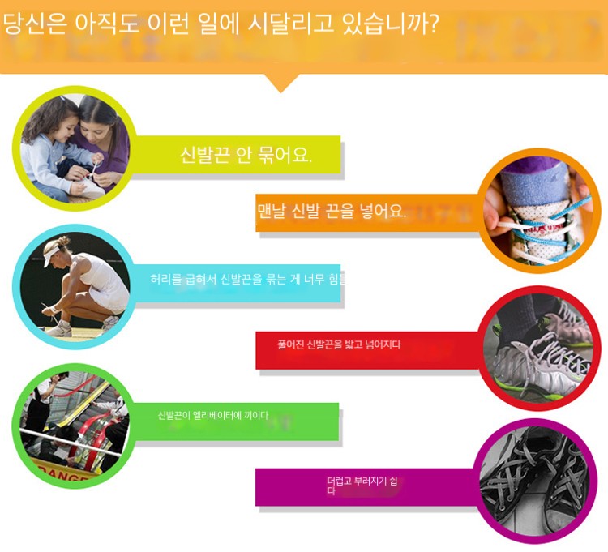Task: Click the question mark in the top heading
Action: point(434,24)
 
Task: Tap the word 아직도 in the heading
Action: point(107,24)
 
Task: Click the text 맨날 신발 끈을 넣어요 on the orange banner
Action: point(332,212)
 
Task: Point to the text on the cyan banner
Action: point(248,278)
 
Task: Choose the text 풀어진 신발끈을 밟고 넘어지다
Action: point(340,344)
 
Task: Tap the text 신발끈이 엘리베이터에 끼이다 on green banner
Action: point(213,415)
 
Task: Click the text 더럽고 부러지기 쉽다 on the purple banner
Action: point(362,486)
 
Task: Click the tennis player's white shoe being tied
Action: point(58,328)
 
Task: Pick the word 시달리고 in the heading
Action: point(290,24)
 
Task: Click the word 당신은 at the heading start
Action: point(36,24)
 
